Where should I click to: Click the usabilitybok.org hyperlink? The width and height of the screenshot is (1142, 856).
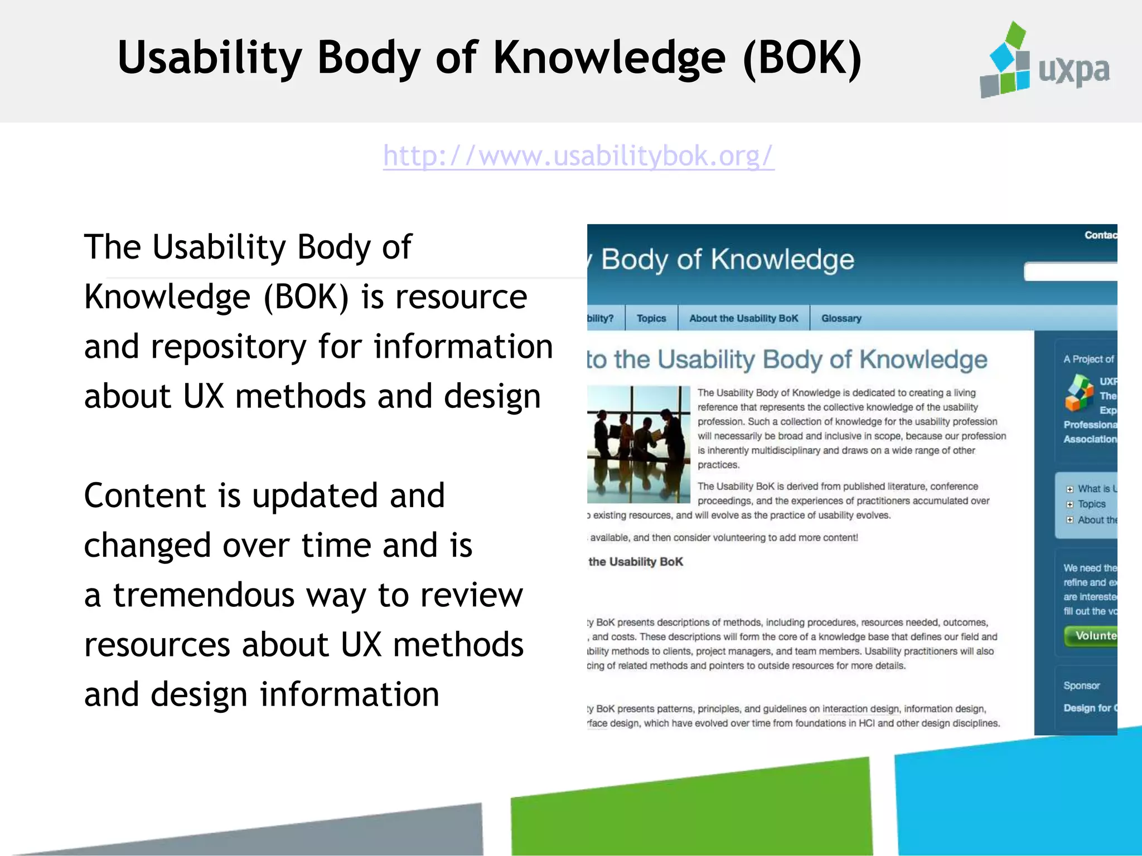point(578,156)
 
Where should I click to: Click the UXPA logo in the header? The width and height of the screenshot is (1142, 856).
point(1044,61)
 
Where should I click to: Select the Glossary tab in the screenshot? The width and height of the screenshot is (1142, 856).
point(841,318)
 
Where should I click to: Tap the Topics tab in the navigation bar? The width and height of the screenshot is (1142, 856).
point(651,318)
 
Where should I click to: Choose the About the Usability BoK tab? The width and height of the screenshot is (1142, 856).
point(743,318)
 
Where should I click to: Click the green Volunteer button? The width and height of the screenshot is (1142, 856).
point(1093,636)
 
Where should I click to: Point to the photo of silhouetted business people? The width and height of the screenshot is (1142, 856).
point(638,444)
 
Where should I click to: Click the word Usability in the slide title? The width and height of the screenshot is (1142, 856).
point(210,58)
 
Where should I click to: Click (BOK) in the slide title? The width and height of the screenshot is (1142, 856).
point(803,58)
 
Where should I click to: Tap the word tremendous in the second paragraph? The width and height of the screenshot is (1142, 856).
point(204,595)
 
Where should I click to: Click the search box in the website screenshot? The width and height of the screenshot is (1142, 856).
point(1071,272)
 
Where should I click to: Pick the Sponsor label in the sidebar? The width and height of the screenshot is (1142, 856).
point(1081,685)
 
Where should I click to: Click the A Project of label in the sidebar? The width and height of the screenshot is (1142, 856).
point(1088,359)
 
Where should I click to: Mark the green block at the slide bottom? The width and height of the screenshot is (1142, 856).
point(691,808)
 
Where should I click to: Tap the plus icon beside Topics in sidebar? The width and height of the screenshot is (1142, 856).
point(1070,504)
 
